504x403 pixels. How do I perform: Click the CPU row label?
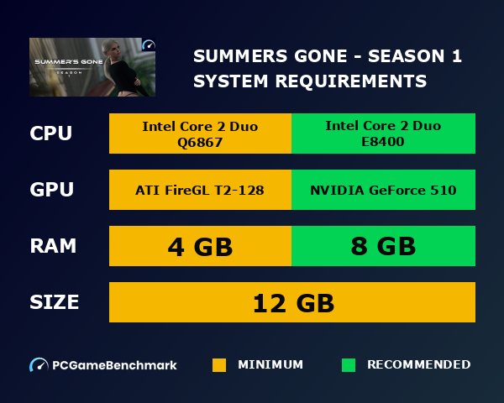point(52,133)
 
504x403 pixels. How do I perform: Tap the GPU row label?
point(52,190)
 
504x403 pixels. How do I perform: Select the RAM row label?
point(53,246)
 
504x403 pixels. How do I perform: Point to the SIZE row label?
point(55,302)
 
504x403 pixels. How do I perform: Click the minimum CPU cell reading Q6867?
point(200,133)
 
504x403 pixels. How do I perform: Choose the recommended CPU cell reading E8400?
point(383,133)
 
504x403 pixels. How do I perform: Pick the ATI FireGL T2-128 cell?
point(200,190)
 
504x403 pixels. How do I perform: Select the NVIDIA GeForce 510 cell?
point(383,190)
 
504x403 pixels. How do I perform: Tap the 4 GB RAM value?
point(200,246)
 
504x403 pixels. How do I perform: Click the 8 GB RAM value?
point(383,246)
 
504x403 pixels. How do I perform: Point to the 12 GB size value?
point(292,302)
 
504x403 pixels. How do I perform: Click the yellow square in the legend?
point(219,365)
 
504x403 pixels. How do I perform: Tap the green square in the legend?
point(349,365)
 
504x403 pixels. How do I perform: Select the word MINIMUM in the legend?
point(270,365)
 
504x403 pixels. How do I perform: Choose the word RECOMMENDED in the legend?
point(418,365)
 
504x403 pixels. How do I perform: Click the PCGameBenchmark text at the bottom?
point(114,365)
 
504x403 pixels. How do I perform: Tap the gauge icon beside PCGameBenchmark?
point(39,365)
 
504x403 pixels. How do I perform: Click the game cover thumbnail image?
point(92,67)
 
